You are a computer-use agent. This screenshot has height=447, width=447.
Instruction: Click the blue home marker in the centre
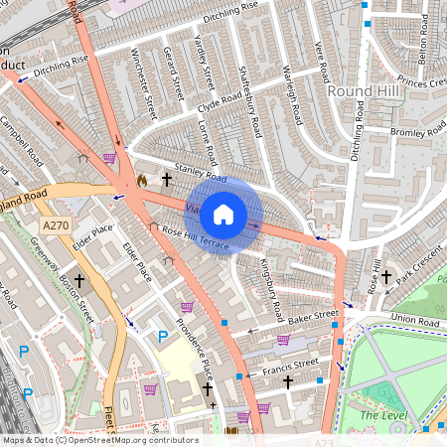point(224,214)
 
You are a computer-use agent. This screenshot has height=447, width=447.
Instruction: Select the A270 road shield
point(56,226)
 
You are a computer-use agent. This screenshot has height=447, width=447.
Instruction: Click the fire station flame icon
point(142,181)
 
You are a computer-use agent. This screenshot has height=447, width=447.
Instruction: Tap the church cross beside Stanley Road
point(166,180)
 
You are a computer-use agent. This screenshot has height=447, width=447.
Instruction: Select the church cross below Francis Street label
point(288,381)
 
